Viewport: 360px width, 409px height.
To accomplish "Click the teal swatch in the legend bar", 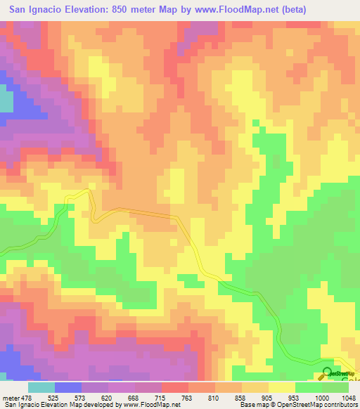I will point(41,388).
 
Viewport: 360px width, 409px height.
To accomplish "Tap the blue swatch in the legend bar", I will point(68,388).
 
